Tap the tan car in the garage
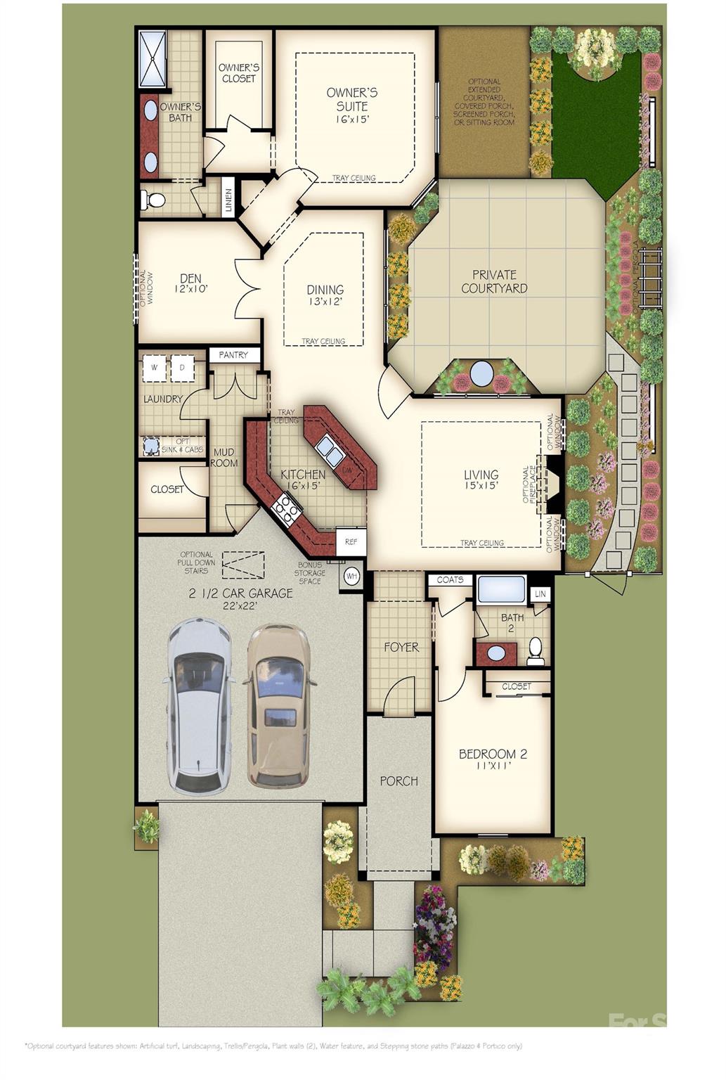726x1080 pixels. (279, 705)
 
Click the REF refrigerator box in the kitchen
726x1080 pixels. (351, 541)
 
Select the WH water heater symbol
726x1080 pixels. (351, 577)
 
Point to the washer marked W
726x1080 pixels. (155, 367)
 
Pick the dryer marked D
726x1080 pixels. (182, 367)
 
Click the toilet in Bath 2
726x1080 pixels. (536, 651)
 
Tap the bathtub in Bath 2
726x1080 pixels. (501, 589)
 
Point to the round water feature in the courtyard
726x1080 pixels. (481, 373)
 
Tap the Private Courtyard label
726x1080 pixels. (494, 281)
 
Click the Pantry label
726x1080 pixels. (233, 355)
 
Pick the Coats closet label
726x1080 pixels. (450, 580)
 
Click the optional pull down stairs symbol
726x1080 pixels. (243, 565)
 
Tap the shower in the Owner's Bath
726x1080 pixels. (152, 58)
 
